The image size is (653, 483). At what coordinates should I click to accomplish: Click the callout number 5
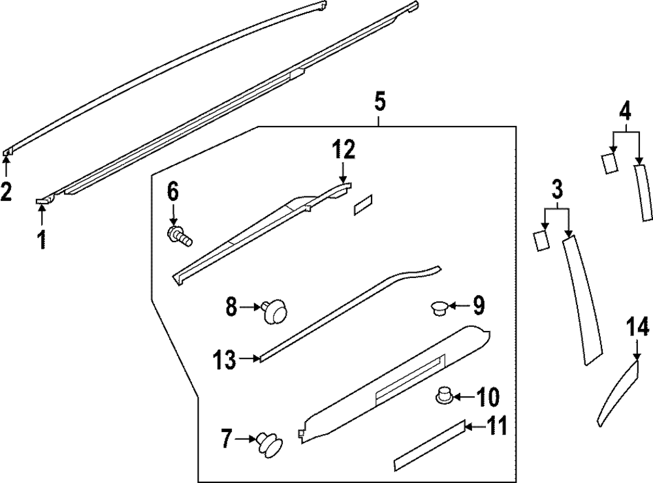point(380,102)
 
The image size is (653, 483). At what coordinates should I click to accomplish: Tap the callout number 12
point(343,149)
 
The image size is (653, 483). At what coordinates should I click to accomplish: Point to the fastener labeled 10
point(444,396)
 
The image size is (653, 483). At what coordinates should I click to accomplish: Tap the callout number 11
point(496,428)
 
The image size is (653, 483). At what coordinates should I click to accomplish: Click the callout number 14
point(638,326)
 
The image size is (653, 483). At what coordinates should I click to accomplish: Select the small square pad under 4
point(609,162)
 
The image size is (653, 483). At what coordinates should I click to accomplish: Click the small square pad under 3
point(541,240)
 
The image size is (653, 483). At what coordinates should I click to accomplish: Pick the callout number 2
point(6,193)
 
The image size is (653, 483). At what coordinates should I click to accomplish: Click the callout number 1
point(41,240)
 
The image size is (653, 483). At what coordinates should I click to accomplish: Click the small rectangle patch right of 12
point(362,204)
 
